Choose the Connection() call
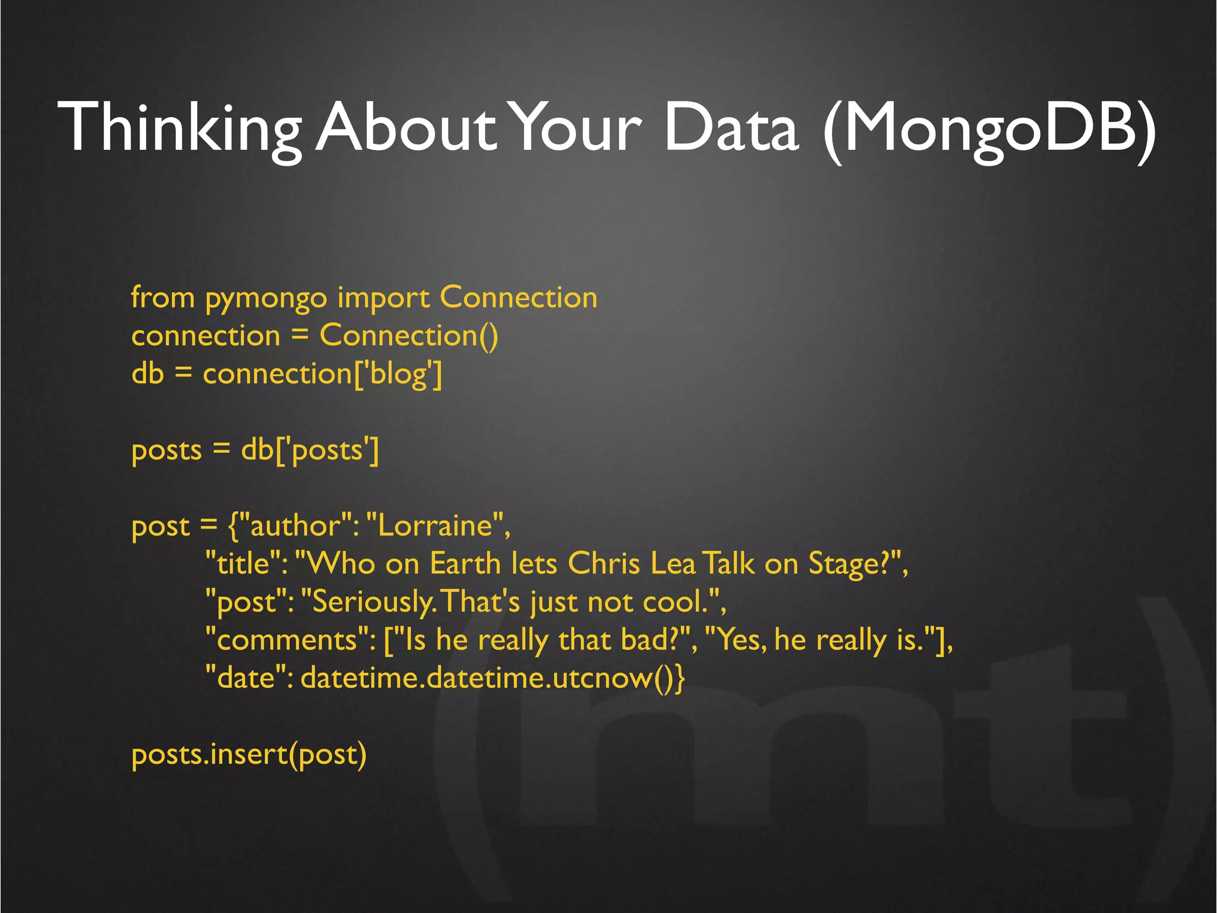pos(409,336)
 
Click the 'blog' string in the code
pos(398,374)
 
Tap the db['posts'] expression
pos(310,451)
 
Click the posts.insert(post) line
pos(248,755)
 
